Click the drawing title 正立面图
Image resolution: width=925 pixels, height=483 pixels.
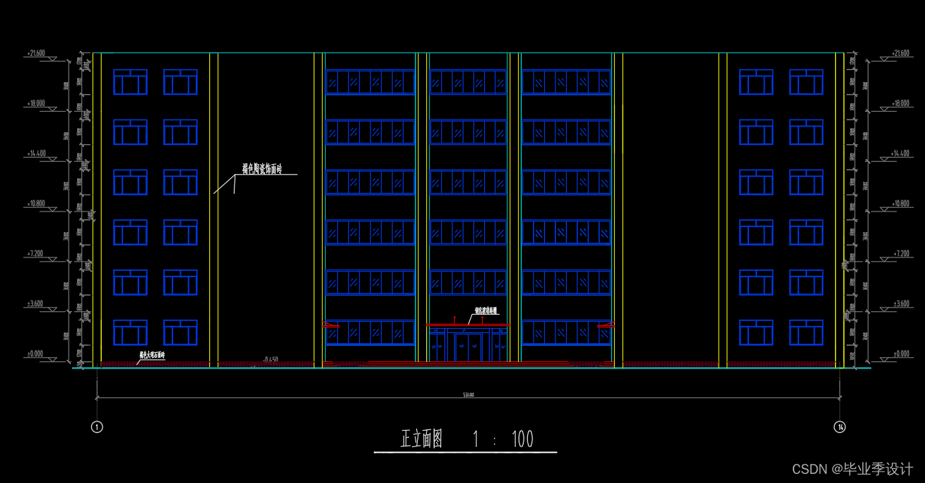click(422, 440)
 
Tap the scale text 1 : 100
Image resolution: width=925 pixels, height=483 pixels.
click(502, 440)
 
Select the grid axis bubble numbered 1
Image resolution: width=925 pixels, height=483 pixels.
click(98, 426)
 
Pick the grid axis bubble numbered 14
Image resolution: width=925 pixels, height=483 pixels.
click(839, 426)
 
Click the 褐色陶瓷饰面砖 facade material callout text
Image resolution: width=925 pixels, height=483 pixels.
click(261, 169)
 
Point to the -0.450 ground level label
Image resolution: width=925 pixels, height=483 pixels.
click(269, 360)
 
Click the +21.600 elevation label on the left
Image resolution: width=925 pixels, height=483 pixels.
click(35, 53)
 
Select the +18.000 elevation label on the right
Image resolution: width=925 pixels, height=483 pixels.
click(901, 103)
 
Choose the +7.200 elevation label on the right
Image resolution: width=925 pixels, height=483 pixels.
click(901, 253)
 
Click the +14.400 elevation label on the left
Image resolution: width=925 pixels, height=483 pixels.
click(35, 153)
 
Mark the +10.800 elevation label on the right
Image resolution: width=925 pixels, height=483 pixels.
click(901, 204)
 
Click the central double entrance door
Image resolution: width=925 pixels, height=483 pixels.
click(468, 348)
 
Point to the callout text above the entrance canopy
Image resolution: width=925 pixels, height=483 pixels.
click(485, 310)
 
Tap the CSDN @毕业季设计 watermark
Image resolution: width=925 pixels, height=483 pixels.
click(852, 469)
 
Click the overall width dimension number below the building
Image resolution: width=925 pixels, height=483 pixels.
click(468, 395)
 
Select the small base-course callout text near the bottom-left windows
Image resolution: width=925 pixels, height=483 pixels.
click(152, 355)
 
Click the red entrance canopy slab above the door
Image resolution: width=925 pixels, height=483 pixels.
click(468, 325)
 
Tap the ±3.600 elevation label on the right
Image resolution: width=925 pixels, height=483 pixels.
click(901, 303)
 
